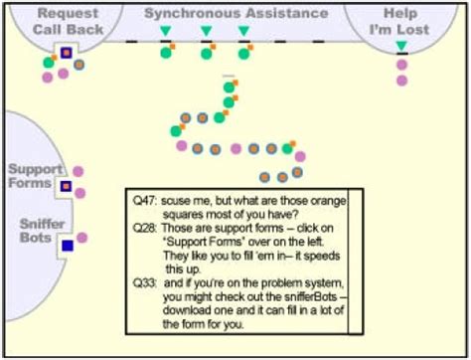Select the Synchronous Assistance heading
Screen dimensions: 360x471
(235, 14)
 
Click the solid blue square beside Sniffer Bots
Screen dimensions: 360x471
(67, 245)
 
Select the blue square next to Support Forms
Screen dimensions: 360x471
(66, 185)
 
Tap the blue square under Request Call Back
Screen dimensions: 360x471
(66, 52)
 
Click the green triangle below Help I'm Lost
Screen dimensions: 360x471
(400, 47)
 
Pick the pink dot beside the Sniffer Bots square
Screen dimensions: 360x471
(83, 238)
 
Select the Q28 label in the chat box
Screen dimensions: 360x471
(144, 227)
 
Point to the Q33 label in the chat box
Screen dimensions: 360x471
(144, 281)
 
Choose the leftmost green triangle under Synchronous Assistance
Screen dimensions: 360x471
(166, 31)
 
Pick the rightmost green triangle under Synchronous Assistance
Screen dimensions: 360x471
(243, 31)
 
